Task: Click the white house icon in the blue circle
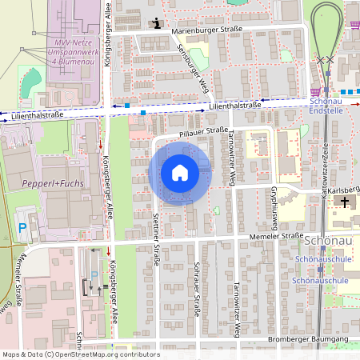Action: pyautogui.click(x=180, y=173)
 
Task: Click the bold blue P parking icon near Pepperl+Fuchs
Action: pyautogui.click(x=22, y=227)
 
